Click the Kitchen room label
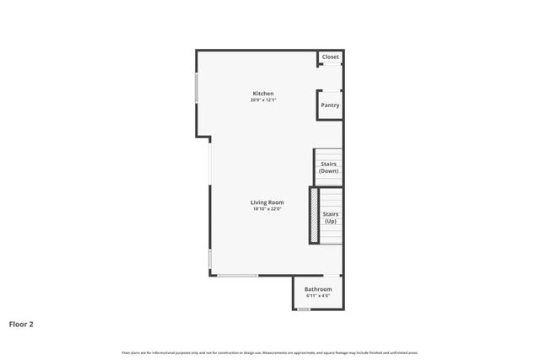pos(263,93)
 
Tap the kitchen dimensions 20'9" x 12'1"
pos(263,100)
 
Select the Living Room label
pos(267,201)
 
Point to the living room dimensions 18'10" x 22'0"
pos(267,209)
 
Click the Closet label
pos(331,57)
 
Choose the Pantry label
pos(330,105)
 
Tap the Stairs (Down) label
pos(329,167)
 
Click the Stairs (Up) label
pos(331,218)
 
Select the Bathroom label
pos(318,289)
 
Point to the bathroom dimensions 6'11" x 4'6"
pos(318,296)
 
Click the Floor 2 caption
pos(21,323)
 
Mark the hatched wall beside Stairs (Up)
pos(314,216)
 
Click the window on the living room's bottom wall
pos(237,276)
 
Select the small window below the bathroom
pos(304,309)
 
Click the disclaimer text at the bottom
pos(270,352)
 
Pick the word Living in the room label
pos(258,201)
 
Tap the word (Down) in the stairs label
pos(329,171)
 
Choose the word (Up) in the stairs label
pos(331,222)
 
